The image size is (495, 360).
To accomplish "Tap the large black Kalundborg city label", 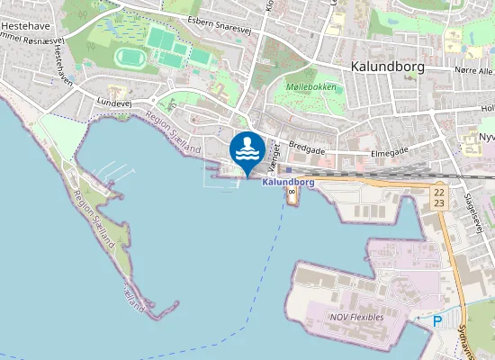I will (x=388, y=67).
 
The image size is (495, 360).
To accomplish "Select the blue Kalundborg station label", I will (x=288, y=182).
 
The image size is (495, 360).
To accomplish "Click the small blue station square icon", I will (x=289, y=168).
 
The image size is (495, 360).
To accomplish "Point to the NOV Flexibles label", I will (x=356, y=317).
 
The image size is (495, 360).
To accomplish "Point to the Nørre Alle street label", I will (x=472, y=69).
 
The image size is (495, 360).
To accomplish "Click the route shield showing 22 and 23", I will (x=438, y=197).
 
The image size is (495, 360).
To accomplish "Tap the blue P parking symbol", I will (x=437, y=320).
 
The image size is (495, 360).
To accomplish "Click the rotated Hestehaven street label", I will (x=62, y=67).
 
